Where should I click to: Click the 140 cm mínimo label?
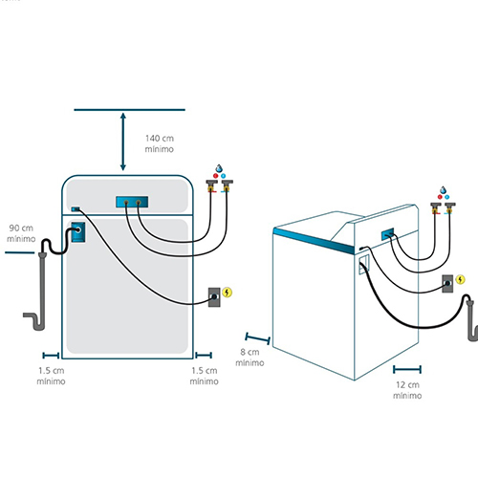[160, 143]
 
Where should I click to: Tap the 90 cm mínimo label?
[21, 233]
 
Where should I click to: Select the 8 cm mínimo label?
[250, 358]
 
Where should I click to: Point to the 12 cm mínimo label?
[407, 390]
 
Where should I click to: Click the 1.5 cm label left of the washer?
[51, 376]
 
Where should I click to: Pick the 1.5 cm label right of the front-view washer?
[204, 376]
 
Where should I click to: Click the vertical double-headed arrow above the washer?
[123, 141]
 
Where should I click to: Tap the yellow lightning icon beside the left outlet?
[227, 293]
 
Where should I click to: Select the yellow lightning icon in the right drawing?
[460, 279]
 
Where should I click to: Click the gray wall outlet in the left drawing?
[214, 297]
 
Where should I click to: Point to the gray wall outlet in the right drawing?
[447, 284]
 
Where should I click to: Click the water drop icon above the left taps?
[219, 168]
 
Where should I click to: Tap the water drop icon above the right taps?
[444, 190]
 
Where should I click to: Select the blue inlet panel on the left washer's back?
[132, 202]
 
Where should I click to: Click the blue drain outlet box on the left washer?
[78, 231]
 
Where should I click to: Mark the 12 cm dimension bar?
[407, 369]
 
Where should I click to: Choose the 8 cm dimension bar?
[258, 338]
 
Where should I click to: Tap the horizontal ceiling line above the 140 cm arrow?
[129, 110]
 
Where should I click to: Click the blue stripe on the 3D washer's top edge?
[314, 240]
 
